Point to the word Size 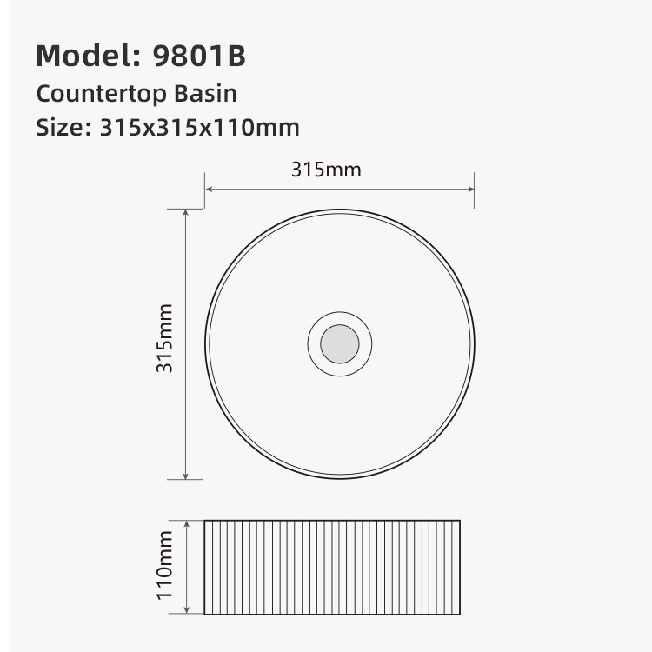click(57, 128)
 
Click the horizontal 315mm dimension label click(326, 170)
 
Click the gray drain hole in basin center click(339, 344)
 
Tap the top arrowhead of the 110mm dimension click(187, 524)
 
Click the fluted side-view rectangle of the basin click(332, 567)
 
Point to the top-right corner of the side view click(460, 521)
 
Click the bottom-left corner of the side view click(204, 613)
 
